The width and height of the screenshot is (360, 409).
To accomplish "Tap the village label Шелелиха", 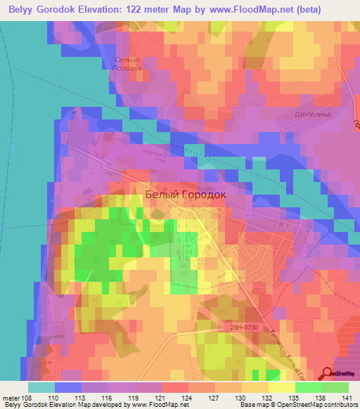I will (310, 113).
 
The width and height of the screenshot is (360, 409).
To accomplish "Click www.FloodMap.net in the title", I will (264, 10).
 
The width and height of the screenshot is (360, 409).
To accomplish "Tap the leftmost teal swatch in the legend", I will (41, 387).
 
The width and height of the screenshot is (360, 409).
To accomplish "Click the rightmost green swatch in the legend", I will (335, 387).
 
